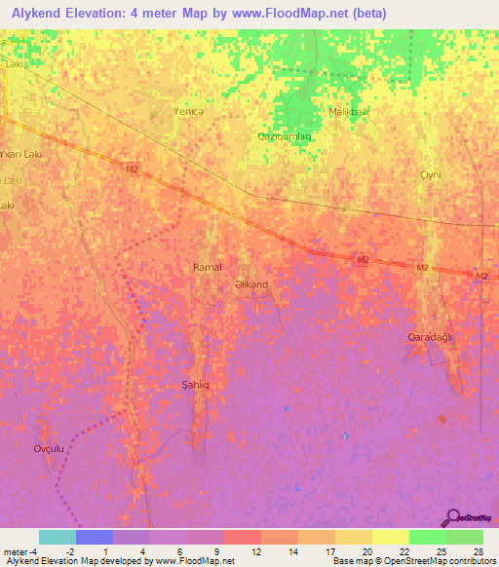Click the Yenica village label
click(187, 111)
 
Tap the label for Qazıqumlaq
click(285, 136)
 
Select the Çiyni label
click(430, 174)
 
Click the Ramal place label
click(208, 267)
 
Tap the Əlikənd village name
click(251, 284)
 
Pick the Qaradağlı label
click(431, 336)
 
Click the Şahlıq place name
click(197, 385)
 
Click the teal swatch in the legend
click(58, 537)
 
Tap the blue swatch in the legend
click(95, 537)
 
